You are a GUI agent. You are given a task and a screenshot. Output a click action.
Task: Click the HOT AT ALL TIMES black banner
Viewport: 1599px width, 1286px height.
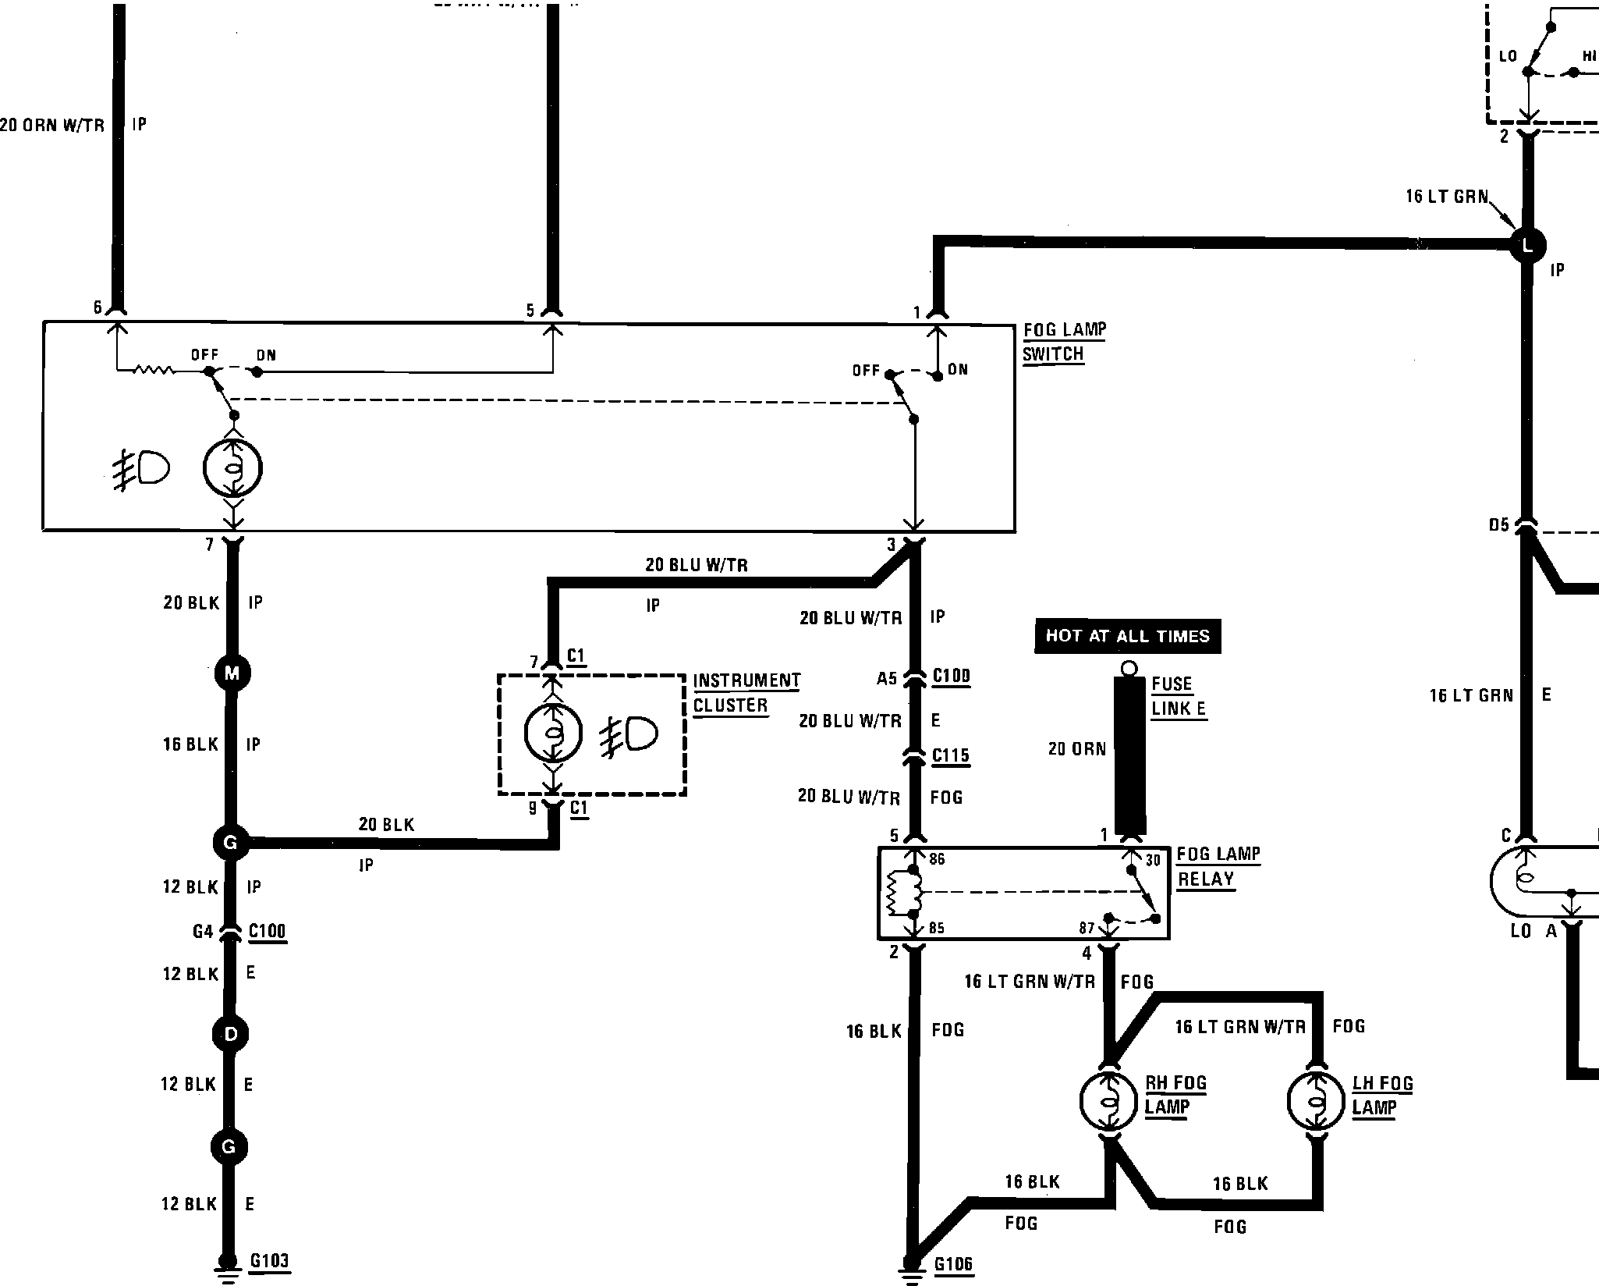tap(1127, 636)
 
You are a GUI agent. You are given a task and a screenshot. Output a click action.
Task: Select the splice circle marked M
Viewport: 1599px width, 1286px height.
tap(232, 673)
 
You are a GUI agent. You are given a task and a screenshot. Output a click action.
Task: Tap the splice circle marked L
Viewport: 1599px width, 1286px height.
tap(1527, 245)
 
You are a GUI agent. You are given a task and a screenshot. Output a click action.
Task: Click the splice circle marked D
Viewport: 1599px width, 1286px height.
tap(230, 1035)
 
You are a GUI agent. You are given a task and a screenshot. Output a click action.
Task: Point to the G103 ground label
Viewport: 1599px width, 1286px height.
tap(270, 1261)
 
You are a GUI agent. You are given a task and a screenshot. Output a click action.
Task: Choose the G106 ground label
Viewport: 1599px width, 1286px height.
tap(953, 1264)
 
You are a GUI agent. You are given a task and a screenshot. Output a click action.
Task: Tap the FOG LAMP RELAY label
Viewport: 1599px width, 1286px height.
tap(1218, 866)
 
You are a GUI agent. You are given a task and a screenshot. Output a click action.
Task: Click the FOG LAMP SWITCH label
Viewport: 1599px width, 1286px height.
tap(1063, 342)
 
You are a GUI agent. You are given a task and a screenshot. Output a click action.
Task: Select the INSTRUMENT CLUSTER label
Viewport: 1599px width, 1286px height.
tap(746, 693)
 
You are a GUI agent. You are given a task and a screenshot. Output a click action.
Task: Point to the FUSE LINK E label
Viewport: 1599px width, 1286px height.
tap(1179, 696)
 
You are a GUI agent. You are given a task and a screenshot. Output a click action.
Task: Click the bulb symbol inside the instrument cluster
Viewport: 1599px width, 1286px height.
tap(553, 733)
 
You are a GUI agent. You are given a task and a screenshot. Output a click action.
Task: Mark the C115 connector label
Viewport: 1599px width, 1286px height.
tap(951, 755)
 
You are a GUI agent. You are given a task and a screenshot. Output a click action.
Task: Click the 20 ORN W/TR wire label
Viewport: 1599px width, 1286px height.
tap(52, 125)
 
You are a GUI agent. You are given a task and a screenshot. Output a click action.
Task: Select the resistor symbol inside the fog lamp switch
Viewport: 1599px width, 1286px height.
tap(156, 371)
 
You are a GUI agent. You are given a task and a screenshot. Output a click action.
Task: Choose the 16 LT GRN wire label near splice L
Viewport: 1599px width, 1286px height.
tap(1447, 197)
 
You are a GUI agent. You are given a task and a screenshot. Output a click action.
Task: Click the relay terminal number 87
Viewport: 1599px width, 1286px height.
tap(1087, 928)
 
